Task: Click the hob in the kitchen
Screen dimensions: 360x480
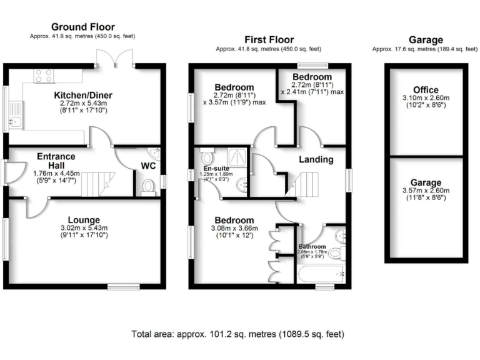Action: (43, 76)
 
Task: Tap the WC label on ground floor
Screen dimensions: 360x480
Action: (148, 166)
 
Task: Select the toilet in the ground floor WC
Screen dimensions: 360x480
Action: (148, 186)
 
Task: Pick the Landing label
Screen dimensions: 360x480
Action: (316, 159)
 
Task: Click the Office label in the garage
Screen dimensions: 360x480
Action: (426, 89)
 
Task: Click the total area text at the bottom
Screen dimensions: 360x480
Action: (237, 334)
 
